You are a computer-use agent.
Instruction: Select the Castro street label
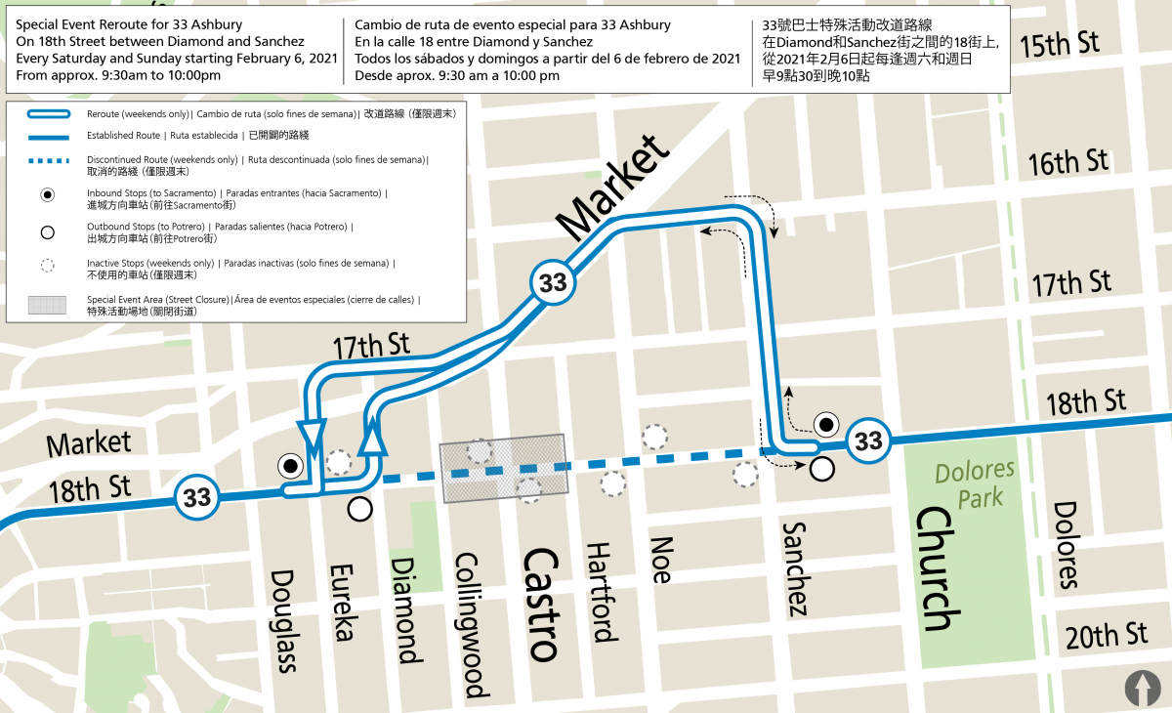[x=540, y=604]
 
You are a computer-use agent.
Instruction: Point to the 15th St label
[x=1059, y=44]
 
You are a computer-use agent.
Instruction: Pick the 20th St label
[x=1107, y=636]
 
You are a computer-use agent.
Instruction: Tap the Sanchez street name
[x=795, y=568]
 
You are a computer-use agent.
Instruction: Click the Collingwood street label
[x=473, y=626]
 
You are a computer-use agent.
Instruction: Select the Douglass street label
[x=284, y=621]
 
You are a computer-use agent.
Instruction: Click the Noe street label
[x=661, y=560]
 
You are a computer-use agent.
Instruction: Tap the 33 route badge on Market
[x=553, y=283]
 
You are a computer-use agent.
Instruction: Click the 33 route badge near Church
[x=868, y=440]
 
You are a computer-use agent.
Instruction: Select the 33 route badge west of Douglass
[x=197, y=497]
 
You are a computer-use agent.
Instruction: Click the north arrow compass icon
[x=1143, y=687]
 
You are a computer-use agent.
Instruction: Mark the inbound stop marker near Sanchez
[x=827, y=424]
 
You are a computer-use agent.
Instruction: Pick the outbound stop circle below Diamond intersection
[x=360, y=508]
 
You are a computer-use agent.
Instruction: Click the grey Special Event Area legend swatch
[x=47, y=306]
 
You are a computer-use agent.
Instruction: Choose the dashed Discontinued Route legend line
[x=47, y=160]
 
